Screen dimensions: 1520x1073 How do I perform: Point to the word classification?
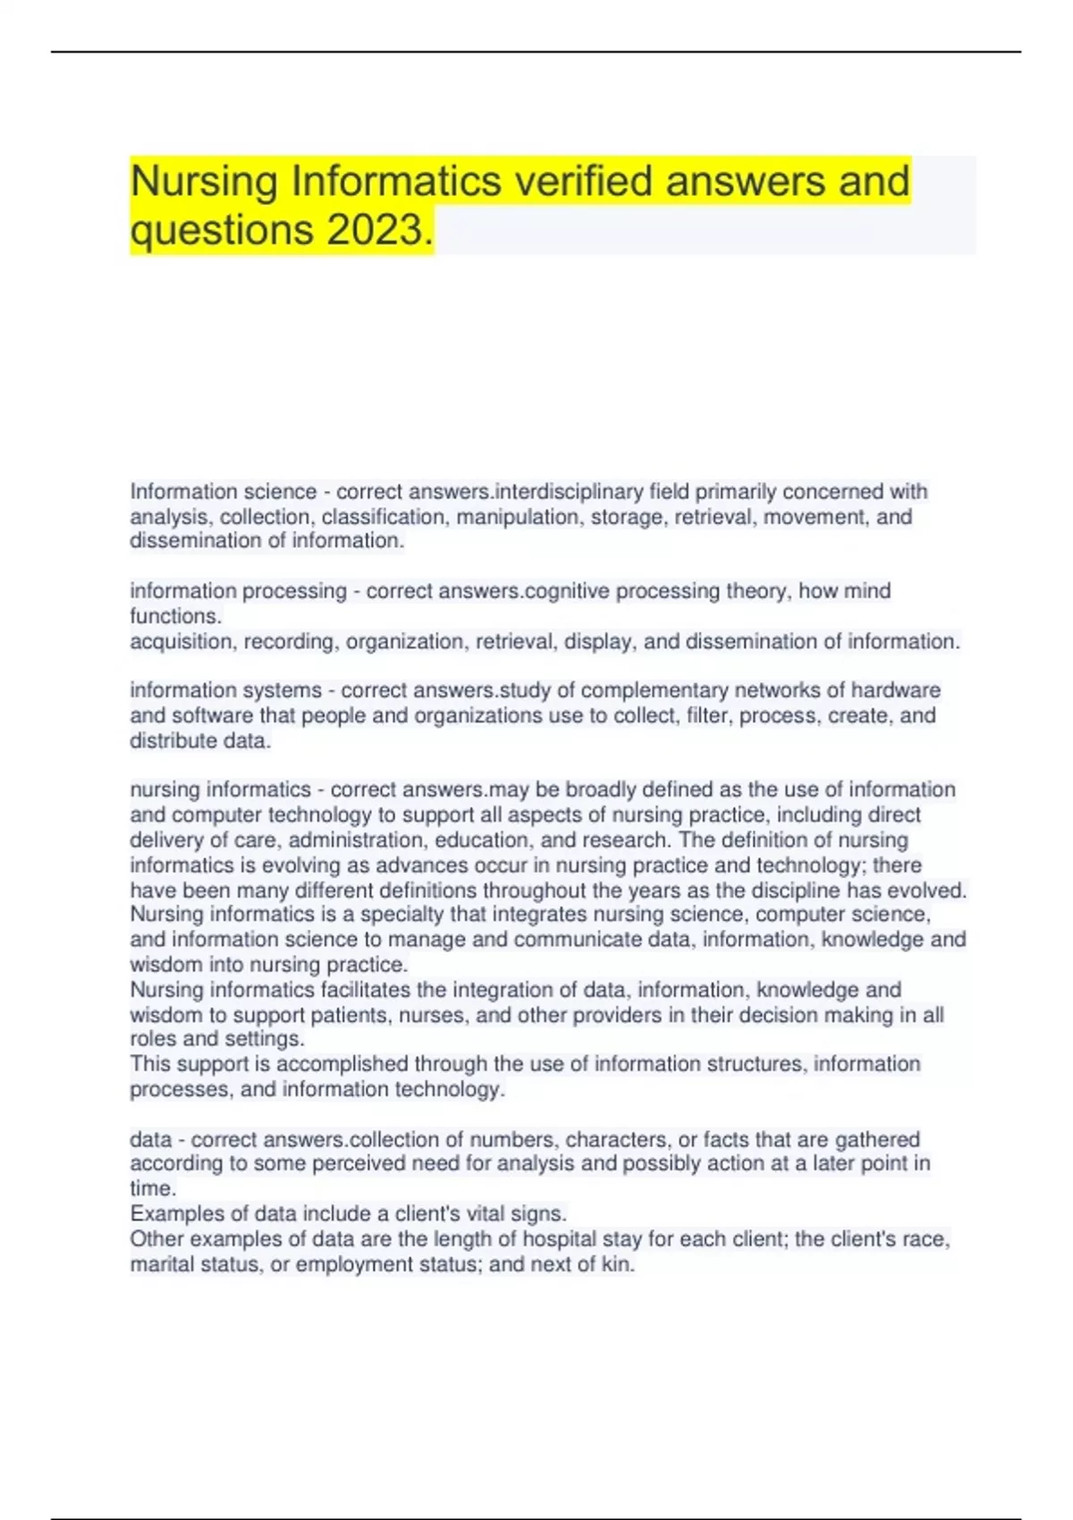tap(383, 517)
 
